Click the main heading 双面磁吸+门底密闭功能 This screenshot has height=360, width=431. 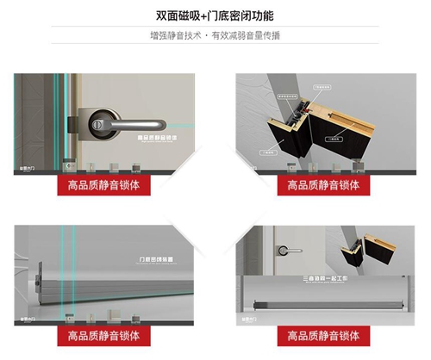[x=215, y=16]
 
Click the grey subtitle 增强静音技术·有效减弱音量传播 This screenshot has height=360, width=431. [x=215, y=36]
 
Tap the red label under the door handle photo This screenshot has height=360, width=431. [x=103, y=185]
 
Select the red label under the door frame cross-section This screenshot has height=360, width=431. [x=324, y=185]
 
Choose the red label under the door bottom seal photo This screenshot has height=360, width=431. [x=103, y=333]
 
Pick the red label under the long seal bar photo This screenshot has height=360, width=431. [x=324, y=333]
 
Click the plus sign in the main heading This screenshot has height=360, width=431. [x=191, y=16]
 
